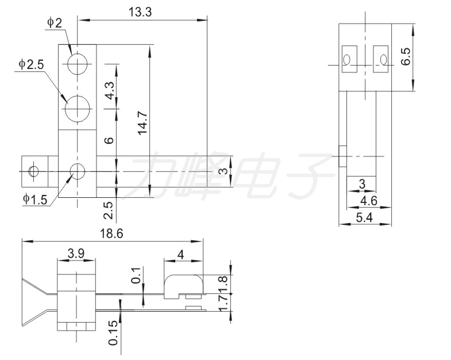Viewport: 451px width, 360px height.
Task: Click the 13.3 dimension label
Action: [x=140, y=13]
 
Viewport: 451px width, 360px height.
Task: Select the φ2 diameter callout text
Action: [x=55, y=23]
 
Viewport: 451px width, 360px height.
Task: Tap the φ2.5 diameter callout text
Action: [x=31, y=64]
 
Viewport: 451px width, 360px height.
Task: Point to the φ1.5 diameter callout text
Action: [x=35, y=200]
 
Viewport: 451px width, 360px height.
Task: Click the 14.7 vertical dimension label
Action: [x=142, y=123]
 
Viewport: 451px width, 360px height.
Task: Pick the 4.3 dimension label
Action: [x=109, y=90]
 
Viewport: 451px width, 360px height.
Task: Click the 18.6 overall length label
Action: [x=111, y=233]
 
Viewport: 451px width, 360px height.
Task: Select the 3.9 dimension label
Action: [x=76, y=254]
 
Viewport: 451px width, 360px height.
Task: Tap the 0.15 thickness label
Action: [x=114, y=332]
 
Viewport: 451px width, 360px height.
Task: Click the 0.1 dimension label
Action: [x=136, y=275]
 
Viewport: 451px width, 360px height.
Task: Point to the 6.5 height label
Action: [x=406, y=56]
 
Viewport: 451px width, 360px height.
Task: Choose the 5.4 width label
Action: [x=364, y=218]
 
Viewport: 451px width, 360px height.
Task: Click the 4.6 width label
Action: [x=369, y=201]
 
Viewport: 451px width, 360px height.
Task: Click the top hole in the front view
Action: [x=78, y=64]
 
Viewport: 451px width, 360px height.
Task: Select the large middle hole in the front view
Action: [x=78, y=109]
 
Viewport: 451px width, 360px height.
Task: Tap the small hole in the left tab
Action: [x=33, y=171]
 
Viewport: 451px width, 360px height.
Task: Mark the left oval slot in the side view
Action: [x=347, y=59]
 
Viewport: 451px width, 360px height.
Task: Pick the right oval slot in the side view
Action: [x=383, y=59]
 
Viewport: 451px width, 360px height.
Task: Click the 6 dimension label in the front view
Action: [x=109, y=140]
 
